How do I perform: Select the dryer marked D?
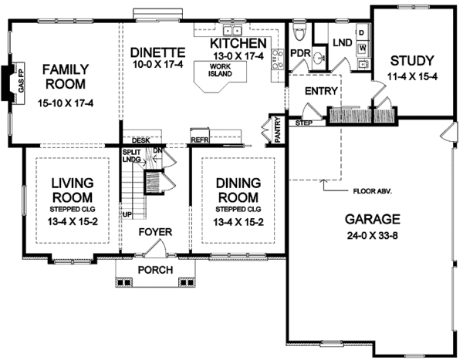[362, 32]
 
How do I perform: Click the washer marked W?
[363, 48]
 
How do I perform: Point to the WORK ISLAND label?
[220, 70]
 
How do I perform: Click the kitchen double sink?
[233, 30]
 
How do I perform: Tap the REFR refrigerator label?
[200, 140]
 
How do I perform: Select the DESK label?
[141, 140]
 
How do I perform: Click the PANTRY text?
[278, 130]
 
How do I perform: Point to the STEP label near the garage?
[304, 123]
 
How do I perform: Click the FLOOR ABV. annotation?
[373, 191]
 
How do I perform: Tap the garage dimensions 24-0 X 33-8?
[372, 236]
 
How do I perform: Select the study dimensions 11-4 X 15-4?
[412, 77]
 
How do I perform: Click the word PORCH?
[156, 270]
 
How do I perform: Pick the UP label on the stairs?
[127, 214]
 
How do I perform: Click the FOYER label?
[155, 232]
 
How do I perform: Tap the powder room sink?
[319, 58]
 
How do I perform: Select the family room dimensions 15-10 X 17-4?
[66, 103]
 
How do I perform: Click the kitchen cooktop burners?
[278, 59]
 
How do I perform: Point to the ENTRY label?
[321, 91]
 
